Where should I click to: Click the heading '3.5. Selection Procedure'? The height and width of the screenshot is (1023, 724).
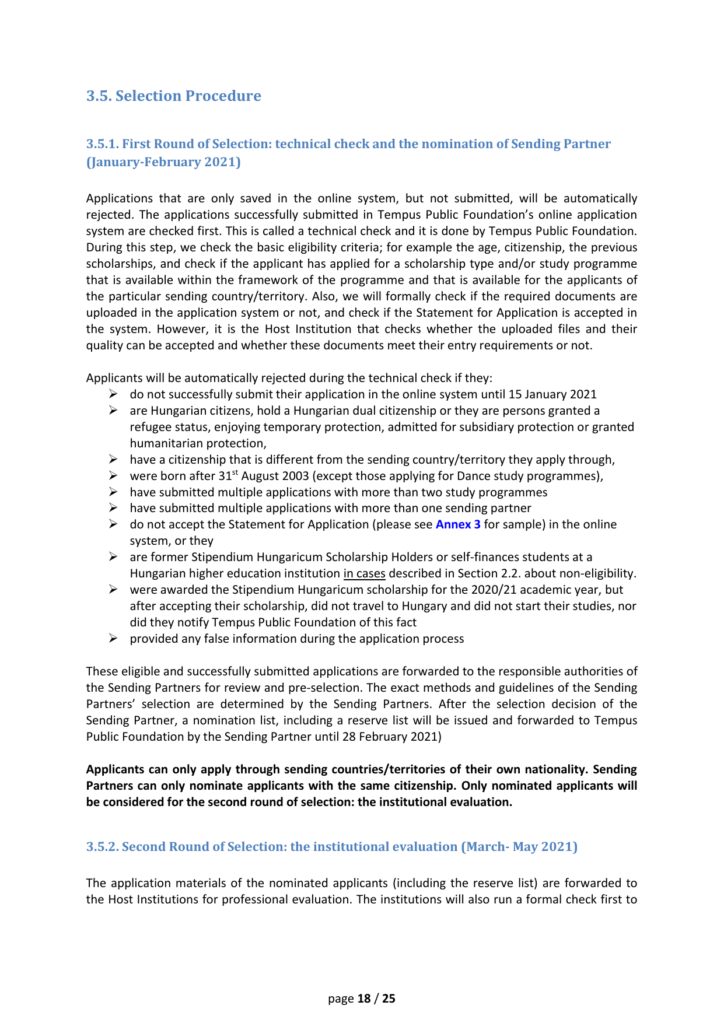point(174,96)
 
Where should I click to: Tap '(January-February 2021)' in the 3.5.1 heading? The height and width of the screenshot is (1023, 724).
point(163,162)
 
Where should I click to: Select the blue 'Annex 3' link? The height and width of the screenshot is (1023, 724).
point(458,524)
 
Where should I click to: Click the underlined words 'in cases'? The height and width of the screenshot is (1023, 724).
point(364,573)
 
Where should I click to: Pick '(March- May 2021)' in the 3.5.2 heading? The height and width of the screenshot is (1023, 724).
point(519,846)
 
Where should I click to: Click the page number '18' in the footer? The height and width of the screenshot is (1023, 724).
point(364,999)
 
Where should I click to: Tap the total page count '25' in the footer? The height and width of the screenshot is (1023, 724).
point(389,999)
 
